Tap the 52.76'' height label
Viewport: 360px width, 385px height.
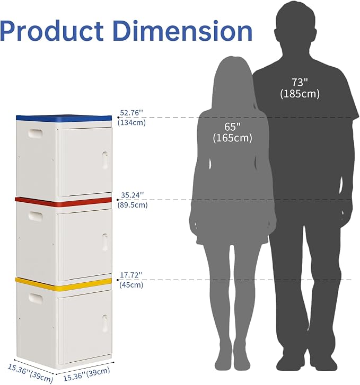tap(131, 113)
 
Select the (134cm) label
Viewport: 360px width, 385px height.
tap(131, 122)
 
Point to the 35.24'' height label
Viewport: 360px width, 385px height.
tap(133, 195)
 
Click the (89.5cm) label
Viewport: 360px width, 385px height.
tap(133, 205)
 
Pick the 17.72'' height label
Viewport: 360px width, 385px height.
tap(131, 275)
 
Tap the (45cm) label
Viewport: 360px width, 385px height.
tap(131, 285)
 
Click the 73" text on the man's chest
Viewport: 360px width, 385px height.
tap(300, 82)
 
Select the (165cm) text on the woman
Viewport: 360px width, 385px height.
tap(233, 138)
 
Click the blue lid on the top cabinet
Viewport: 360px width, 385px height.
tap(64, 118)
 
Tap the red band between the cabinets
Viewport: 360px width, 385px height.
tap(63, 201)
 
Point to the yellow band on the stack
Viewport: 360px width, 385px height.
tap(64, 284)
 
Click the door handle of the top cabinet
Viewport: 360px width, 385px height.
tap(105, 160)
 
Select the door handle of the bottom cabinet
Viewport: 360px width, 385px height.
tap(105, 323)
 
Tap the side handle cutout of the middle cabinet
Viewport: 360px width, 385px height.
tap(36, 216)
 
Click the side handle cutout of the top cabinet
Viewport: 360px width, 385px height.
tap(36, 133)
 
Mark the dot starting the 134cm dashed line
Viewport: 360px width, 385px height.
tap(118, 118)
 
